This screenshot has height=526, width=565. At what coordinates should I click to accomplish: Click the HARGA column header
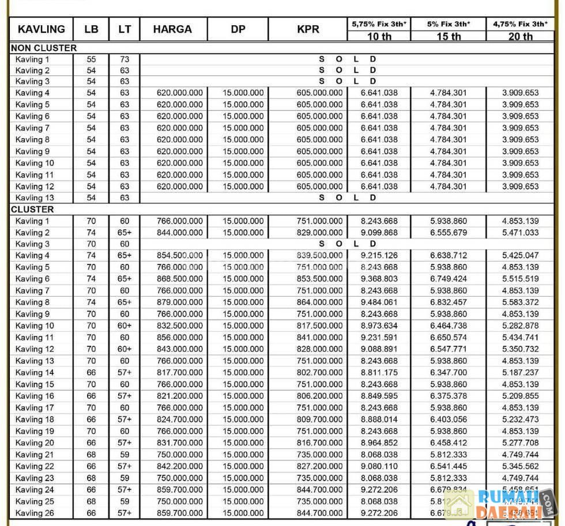click(x=172, y=29)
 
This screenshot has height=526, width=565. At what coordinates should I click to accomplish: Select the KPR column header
click(x=308, y=29)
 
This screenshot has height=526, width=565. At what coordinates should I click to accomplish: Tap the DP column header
click(x=238, y=29)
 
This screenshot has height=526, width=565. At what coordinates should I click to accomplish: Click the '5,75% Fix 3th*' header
click(x=379, y=24)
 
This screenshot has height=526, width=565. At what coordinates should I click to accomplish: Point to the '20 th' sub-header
click(x=520, y=36)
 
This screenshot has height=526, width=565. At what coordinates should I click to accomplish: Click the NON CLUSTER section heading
click(x=44, y=48)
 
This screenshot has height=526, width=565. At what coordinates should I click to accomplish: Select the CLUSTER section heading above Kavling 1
click(x=32, y=209)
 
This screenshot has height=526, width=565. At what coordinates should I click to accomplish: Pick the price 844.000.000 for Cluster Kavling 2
click(x=179, y=232)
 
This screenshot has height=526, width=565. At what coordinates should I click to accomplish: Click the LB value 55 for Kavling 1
click(x=91, y=59)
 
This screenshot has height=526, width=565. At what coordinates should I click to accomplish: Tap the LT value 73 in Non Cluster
click(x=125, y=59)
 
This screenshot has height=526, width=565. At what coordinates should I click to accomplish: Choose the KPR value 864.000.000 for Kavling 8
click(x=319, y=302)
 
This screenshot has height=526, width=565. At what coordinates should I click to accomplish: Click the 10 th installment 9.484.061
click(x=379, y=302)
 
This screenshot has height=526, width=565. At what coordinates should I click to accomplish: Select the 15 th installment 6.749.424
click(x=448, y=279)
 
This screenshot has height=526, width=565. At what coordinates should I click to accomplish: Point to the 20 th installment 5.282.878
click(x=520, y=326)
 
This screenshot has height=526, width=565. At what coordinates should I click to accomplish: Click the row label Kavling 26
click(x=35, y=513)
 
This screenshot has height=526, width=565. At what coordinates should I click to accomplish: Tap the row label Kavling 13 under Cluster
click(x=35, y=361)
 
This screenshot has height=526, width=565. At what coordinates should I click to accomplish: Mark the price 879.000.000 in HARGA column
click(x=179, y=302)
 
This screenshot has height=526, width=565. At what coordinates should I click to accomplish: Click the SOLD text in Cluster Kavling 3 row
click(x=347, y=244)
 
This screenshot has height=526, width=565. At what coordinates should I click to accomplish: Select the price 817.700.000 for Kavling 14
click(x=179, y=372)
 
